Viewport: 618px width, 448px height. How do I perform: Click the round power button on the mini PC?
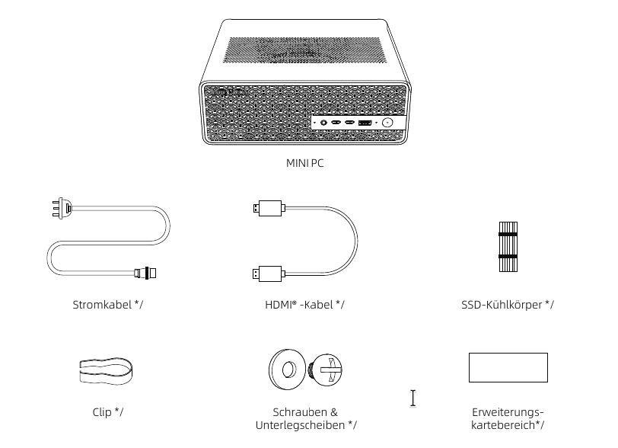pos(387,123)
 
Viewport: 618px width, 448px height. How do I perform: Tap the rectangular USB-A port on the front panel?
pos(365,123)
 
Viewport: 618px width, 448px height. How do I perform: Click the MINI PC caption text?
pos(304,163)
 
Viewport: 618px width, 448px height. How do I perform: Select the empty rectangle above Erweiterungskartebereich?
pos(508,367)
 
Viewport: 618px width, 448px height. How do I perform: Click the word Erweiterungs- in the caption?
pos(508,412)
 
